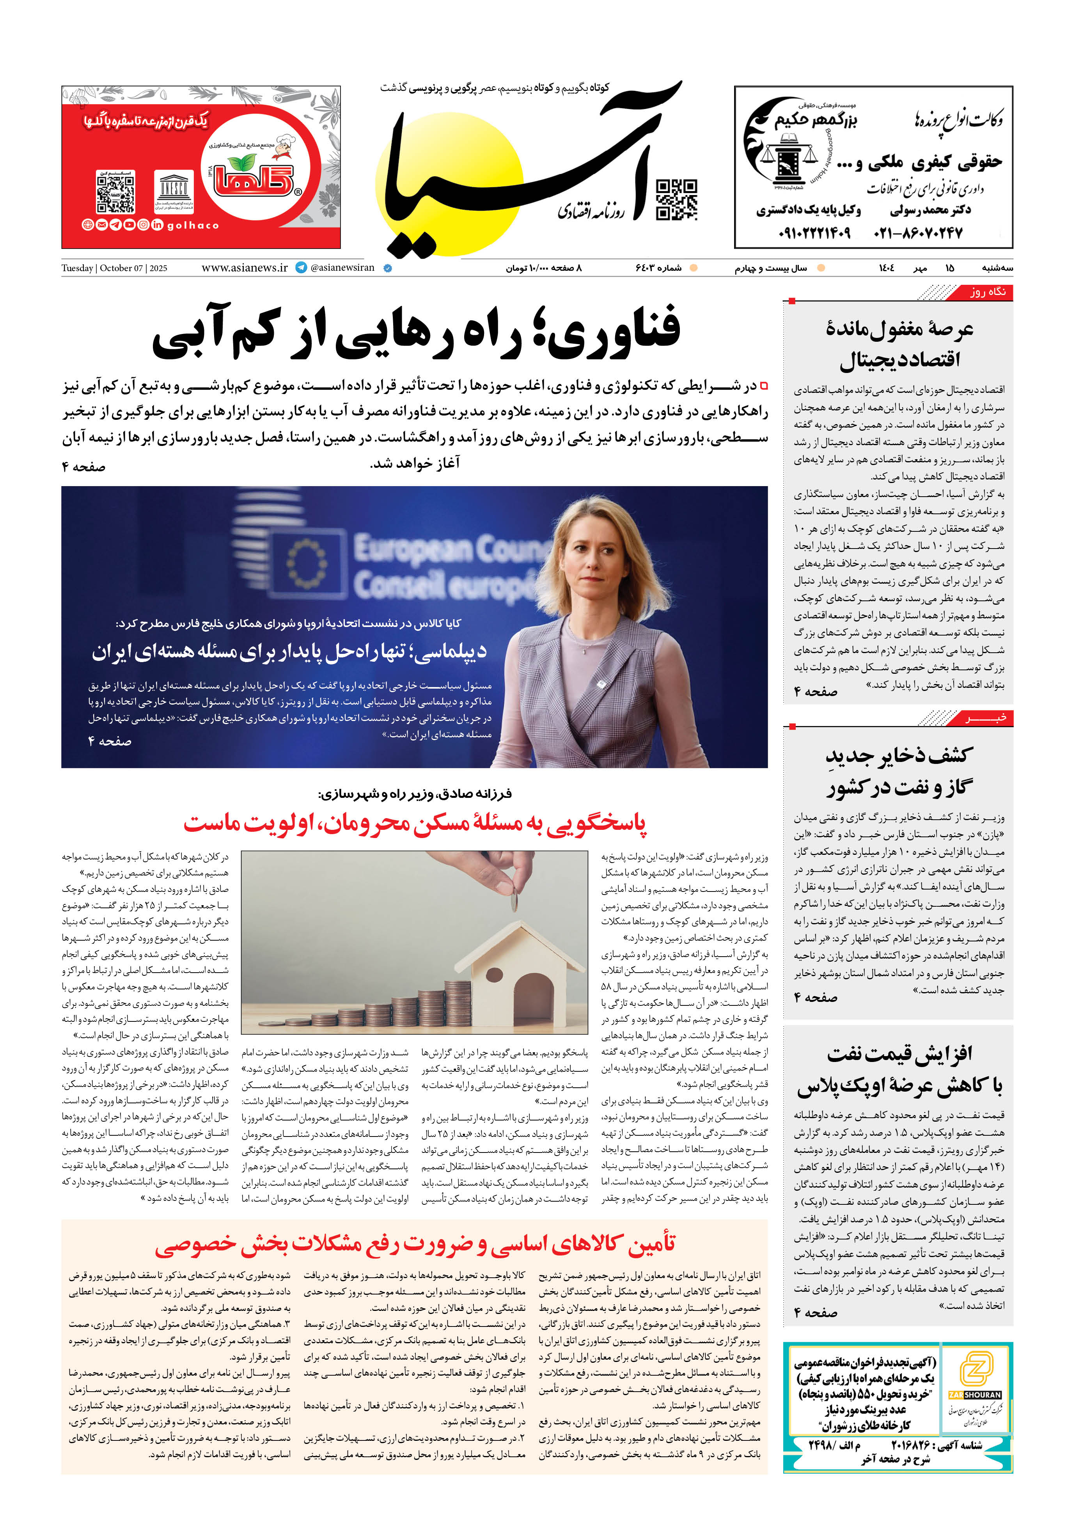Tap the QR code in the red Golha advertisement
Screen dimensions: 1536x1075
point(116,192)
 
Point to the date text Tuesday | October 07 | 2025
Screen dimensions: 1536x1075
point(114,268)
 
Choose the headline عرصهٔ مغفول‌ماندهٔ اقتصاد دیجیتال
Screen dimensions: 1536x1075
point(899,344)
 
